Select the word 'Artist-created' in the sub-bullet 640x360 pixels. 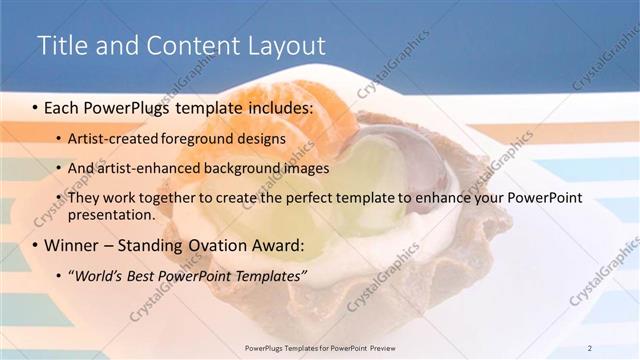(110, 138)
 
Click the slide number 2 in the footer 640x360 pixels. (590, 347)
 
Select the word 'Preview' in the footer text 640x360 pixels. (407, 347)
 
